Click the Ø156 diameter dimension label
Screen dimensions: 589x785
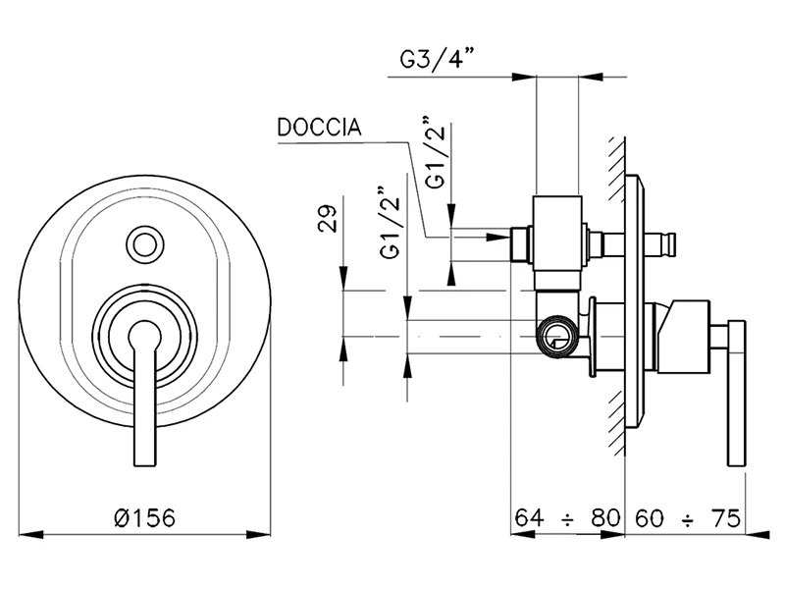coord(146,516)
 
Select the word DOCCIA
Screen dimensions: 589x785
coord(318,128)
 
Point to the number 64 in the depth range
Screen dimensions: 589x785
coord(531,516)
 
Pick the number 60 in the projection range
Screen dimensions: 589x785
coord(651,516)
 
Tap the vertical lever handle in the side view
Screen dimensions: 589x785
coord(733,393)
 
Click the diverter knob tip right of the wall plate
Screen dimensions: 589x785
coord(670,240)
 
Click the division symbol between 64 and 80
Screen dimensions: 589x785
coord(568,516)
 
